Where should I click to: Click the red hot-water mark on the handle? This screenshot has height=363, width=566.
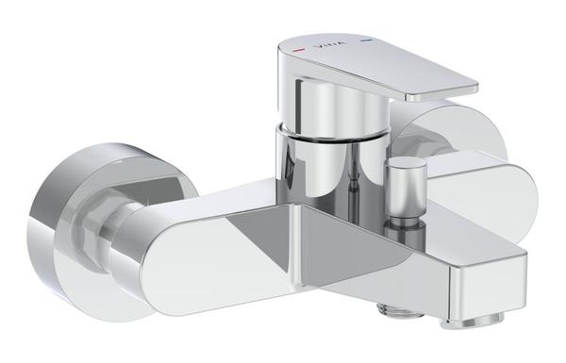pos(298,44)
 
